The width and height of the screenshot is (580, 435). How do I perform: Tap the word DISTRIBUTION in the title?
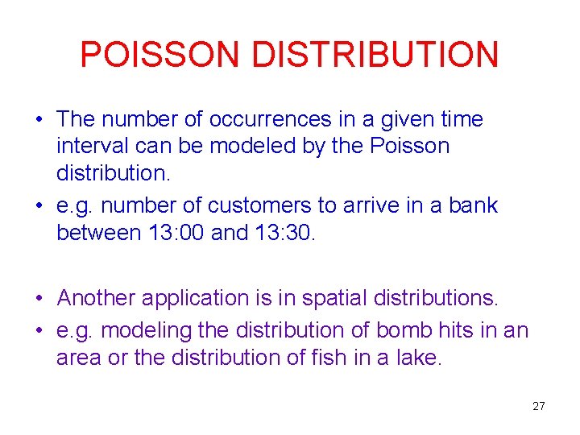375,55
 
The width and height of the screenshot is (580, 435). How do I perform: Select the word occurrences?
270,120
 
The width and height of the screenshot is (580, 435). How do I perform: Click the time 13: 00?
173,233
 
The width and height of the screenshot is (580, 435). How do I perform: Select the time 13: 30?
287,233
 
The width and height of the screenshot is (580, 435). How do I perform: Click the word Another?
97,298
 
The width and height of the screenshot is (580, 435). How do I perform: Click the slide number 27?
538,406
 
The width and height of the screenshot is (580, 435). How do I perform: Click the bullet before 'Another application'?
39,299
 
